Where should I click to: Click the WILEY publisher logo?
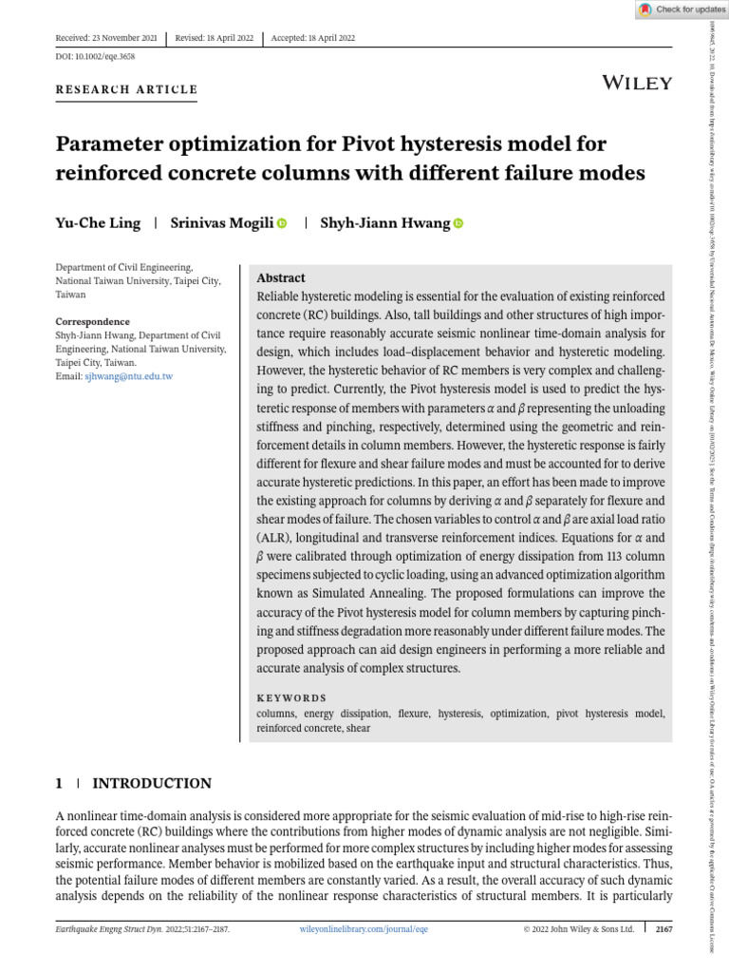(x=637, y=83)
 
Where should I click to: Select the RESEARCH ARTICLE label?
(x=127, y=90)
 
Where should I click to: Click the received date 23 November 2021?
(x=105, y=38)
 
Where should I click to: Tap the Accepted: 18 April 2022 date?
(x=313, y=38)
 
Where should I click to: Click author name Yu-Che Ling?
(x=98, y=223)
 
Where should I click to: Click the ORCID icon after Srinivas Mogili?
(x=282, y=223)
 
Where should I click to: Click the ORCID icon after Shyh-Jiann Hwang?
(x=458, y=223)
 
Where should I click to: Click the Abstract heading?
(x=281, y=278)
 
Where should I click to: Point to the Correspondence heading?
(x=92, y=321)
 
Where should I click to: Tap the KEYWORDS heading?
(x=291, y=697)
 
